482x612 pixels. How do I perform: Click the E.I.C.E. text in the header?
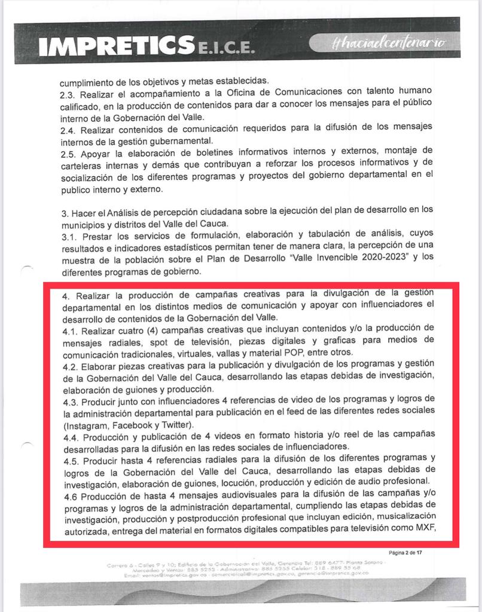click(x=225, y=51)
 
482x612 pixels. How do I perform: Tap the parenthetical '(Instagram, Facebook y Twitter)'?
click(x=128, y=425)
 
